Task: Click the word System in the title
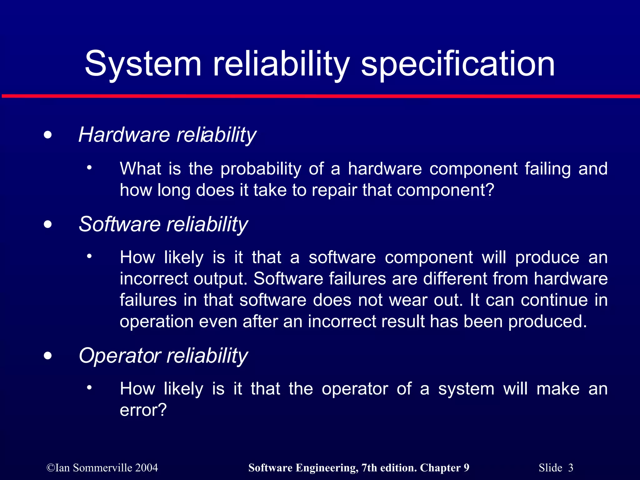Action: click(143, 64)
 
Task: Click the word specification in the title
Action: click(458, 64)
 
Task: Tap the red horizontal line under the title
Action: click(320, 96)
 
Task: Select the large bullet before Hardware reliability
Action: click(48, 135)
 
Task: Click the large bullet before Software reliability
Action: click(48, 224)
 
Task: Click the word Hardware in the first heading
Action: click(124, 135)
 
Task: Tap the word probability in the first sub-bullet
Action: click(261, 169)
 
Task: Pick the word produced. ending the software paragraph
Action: click(547, 321)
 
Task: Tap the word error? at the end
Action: click(143, 410)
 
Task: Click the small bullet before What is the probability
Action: click(89, 168)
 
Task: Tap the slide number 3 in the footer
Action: click(571, 468)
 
